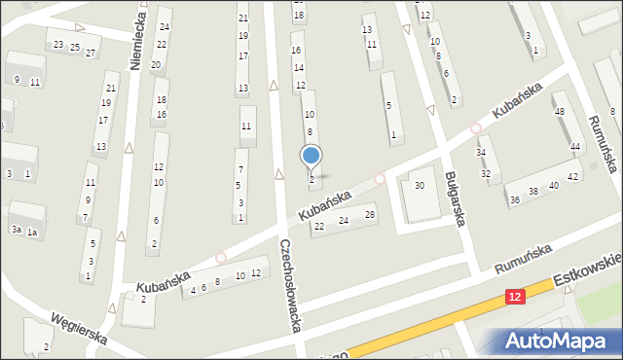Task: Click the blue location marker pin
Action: pyautogui.click(x=311, y=156)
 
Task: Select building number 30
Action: pyautogui.click(x=420, y=186)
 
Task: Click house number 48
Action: pyautogui.click(x=559, y=111)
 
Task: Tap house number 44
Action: pyautogui.click(x=575, y=147)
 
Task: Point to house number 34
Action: pyautogui.click(x=481, y=153)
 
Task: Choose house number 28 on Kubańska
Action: pyautogui.click(x=369, y=215)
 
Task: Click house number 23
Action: pyautogui.click(x=58, y=45)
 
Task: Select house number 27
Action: pyautogui.click(x=91, y=53)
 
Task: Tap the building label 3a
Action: pyautogui.click(x=16, y=229)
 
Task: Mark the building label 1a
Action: pyautogui.click(x=32, y=232)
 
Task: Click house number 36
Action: pyautogui.click(x=515, y=199)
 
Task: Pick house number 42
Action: pyautogui.click(x=573, y=176)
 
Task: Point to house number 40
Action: pyautogui.click(x=553, y=186)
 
